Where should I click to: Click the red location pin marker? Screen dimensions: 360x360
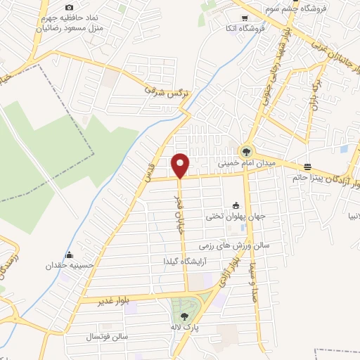(x=181, y=165)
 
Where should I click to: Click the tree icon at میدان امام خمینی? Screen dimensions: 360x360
(x=246, y=150)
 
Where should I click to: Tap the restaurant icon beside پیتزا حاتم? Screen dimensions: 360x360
(x=308, y=167)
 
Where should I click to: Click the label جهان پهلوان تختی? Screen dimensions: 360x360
(x=231, y=217)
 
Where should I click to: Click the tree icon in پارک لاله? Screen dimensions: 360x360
(x=184, y=317)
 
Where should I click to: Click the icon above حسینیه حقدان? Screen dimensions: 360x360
(x=69, y=255)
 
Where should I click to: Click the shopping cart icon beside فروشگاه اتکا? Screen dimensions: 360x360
(x=247, y=19)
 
